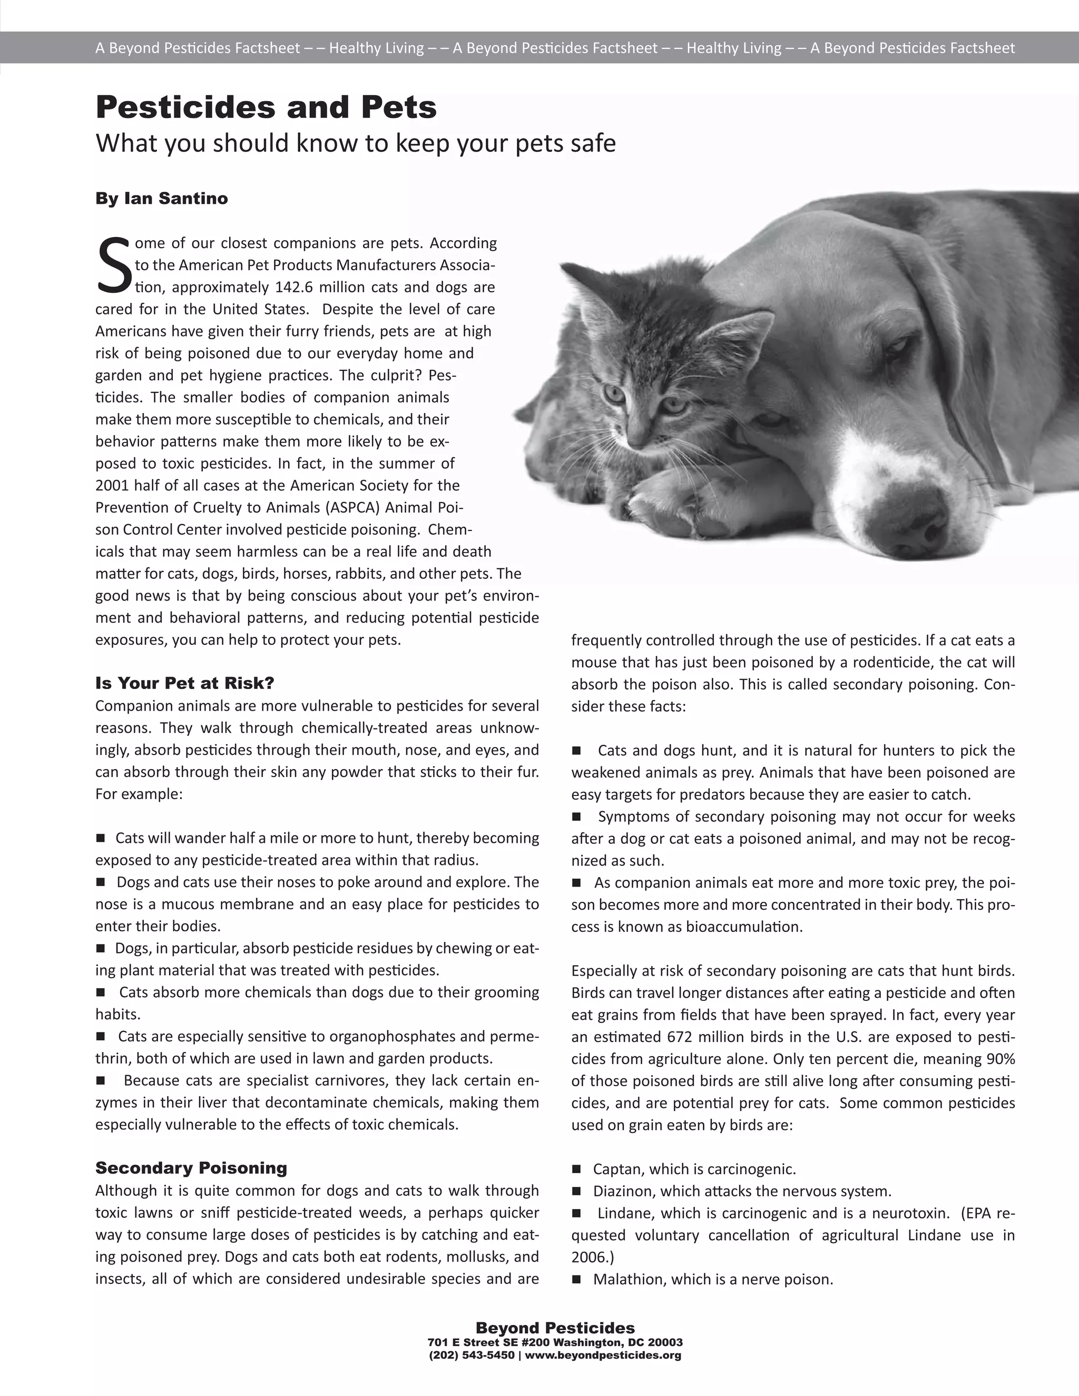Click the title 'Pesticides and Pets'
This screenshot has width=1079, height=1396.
click(x=266, y=107)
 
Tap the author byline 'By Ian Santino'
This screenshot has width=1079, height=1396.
click(x=161, y=198)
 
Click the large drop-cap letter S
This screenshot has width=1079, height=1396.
click(x=114, y=264)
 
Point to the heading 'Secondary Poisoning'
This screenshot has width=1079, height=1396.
click(x=191, y=1168)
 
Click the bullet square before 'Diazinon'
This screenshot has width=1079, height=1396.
click(x=576, y=1192)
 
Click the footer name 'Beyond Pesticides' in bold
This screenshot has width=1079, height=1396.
click(x=555, y=1328)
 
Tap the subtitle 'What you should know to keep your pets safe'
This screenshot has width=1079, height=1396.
click(x=356, y=144)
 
